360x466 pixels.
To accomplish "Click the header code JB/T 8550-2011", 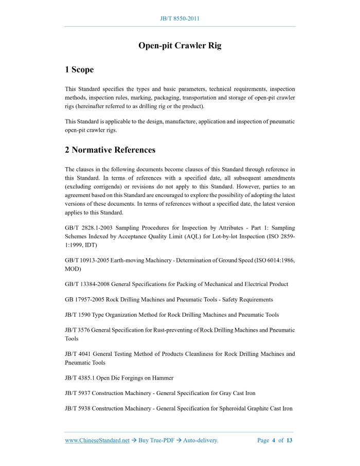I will tap(180, 19).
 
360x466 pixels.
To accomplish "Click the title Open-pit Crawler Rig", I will tap(180, 45).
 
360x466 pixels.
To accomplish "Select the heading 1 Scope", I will tap(79, 69).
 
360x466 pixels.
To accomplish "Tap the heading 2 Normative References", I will tap(110, 150).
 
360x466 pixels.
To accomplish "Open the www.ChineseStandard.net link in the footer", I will tap(97, 440).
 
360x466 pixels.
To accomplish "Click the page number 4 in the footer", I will tap(274, 440).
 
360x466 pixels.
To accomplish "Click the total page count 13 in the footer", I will tap(290, 440).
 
